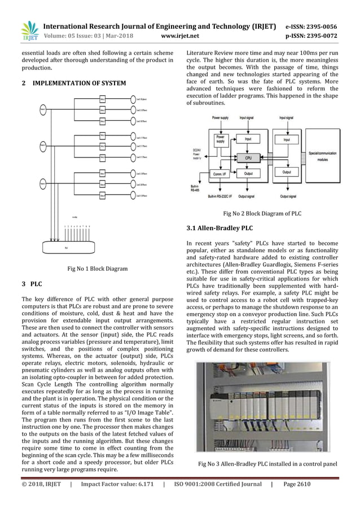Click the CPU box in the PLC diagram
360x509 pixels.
[248, 158]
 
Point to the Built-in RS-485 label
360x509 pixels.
[195, 189]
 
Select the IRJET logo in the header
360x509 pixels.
[28, 30]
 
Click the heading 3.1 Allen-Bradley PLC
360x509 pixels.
[219, 229]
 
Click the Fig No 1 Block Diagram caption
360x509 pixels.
[98, 269]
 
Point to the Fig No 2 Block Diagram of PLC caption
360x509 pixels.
[262, 214]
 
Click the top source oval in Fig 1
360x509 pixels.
[43, 109]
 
